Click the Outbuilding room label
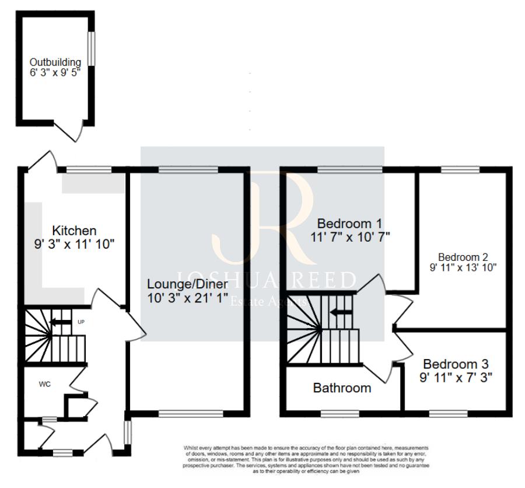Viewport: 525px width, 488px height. pos(55,62)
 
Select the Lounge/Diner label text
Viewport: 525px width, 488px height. pos(187,284)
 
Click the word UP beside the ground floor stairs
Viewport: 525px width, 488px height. pos(81,322)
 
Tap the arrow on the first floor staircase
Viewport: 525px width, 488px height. pos(341,312)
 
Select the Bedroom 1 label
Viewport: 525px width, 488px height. pos(349,224)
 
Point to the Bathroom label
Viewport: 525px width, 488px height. pos(342,388)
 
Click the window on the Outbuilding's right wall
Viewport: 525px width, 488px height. pos(92,49)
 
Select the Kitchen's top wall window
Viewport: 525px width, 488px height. pos(88,169)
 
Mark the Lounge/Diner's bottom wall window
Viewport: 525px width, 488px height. pos(191,413)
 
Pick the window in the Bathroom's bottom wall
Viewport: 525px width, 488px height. pos(339,413)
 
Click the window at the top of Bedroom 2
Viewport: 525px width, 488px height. pos(460,169)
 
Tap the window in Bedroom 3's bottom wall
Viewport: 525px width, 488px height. pos(448,413)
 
